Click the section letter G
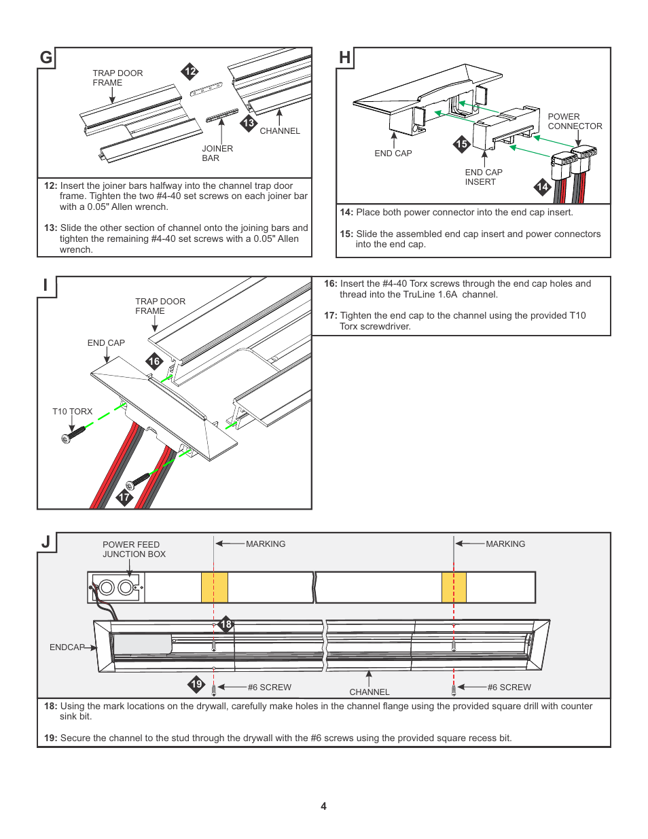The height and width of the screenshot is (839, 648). (46, 58)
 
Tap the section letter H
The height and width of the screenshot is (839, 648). (345, 58)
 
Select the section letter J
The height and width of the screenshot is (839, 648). (46, 542)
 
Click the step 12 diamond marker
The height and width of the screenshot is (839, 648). (190, 71)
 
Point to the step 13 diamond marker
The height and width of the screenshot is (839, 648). (249, 123)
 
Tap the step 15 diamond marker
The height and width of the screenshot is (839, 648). (462, 144)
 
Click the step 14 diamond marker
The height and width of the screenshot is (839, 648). (542, 187)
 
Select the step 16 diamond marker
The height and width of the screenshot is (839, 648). (154, 361)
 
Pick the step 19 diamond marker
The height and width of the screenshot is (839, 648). (196, 684)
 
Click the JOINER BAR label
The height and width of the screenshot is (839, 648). (217, 154)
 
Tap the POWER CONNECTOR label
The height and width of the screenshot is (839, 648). (575, 122)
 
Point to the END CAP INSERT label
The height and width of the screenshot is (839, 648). (484, 177)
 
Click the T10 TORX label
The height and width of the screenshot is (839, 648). (72, 412)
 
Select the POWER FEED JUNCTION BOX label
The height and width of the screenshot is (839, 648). (134, 550)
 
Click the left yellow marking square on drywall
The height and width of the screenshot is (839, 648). (215, 587)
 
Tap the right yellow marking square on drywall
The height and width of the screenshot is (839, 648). (454, 587)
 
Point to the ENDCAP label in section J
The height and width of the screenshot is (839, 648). (67, 647)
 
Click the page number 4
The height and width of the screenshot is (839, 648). (323, 806)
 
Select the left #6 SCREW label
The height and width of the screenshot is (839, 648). (269, 688)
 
